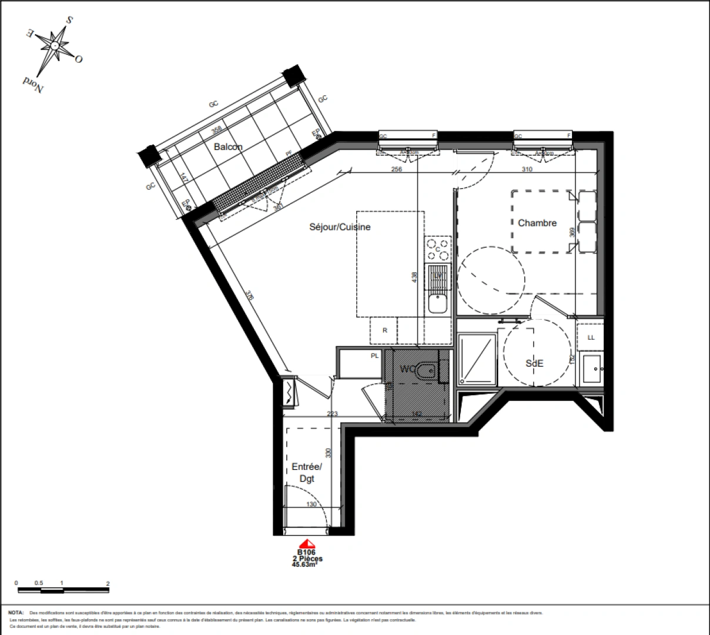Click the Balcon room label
(x=228, y=146)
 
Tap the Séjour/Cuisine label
(x=340, y=227)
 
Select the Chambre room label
(x=537, y=223)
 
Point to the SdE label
(x=534, y=363)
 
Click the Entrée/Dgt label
(x=307, y=473)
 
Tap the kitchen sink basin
(x=437, y=303)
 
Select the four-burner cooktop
(x=438, y=249)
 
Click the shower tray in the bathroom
(x=476, y=360)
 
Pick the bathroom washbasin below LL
(x=591, y=369)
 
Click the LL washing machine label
(x=591, y=337)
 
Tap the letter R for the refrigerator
(x=385, y=330)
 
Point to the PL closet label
(x=374, y=356)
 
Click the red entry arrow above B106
(x=306, y=544)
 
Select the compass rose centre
(x=55, y=45)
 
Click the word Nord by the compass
(x=33, y=84)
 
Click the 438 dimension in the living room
(x=415, y=276)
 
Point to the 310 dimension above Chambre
(x=526, y=169)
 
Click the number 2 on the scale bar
(x=108, y=583)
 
